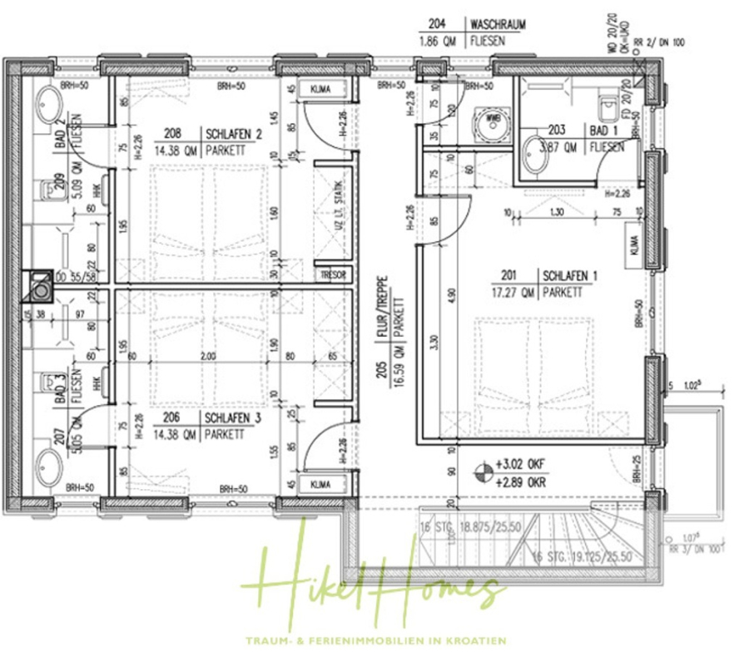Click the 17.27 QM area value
[513, 292]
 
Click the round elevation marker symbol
[482, 474]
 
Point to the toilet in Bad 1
[611, 106]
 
